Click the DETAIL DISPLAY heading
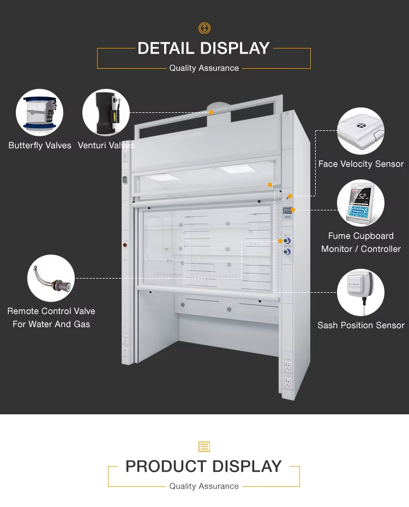point(203,49)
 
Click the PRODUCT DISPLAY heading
point(203,467)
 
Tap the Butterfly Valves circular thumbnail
point(39,113)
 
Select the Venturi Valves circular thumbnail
point(106,113)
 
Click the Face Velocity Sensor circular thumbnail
point(360,131)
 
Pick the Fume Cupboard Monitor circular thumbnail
point(360,203)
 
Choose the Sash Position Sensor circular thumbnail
point(360,292)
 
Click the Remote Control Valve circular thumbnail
point(51,279)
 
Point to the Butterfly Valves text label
point(40,146)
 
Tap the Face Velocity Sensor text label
point(361,164)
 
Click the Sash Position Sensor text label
point(361,325)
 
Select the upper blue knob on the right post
point(287,239)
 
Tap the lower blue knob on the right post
point(287,251)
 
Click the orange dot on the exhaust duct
point(211,112)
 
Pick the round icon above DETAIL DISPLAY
point(204,28)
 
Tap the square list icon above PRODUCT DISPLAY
point(204,447)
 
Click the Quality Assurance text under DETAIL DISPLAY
point(204,68)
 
